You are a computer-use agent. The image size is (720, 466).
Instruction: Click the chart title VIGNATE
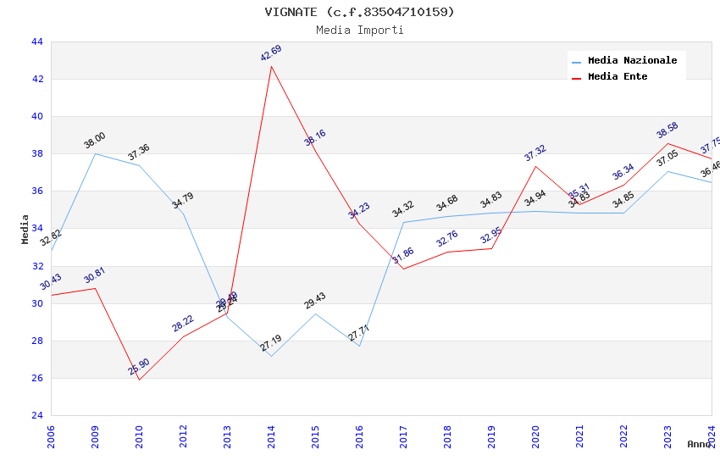tap(359, 12)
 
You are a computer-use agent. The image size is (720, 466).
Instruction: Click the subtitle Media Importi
tap(359, 31)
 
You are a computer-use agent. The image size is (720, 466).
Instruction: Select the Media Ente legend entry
tap(618, 77)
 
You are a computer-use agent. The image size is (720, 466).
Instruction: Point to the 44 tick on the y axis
tap(37, 42)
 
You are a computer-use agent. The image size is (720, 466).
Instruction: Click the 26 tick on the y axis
tap(37, 379)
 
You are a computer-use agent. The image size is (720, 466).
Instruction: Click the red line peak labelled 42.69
tap(271, 66)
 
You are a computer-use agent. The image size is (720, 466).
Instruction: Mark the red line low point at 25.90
tap(139, 380)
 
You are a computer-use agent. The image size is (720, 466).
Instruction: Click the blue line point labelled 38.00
tap(95, 153)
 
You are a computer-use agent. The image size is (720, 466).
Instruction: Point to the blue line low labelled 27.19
tap(271, 356)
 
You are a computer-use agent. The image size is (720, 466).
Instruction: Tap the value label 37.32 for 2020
tap(535, 153)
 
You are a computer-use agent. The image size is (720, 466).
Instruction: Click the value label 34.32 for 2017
tap(403, 209)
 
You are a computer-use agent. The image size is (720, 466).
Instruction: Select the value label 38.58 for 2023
tap(667, 130)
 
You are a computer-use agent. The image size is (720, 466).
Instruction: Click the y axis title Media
tap(25, 229)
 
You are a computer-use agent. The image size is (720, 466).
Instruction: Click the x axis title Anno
tap(699, 444)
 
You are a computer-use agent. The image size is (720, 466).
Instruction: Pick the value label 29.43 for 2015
tap(315, 302)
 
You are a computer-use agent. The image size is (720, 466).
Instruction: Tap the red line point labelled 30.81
tap(95, 288)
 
